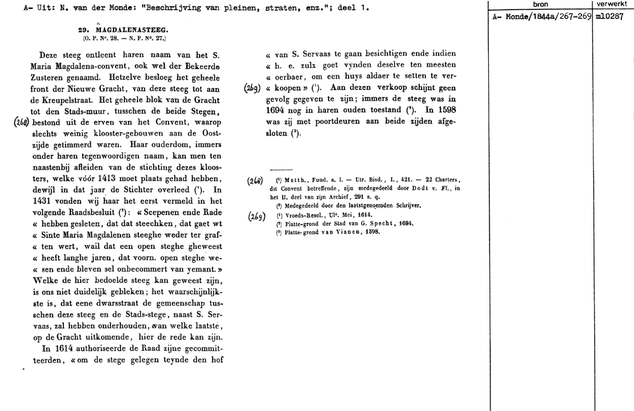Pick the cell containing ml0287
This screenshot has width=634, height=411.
tap(610, 17)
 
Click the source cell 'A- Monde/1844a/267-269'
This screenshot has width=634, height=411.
tap(540, 17)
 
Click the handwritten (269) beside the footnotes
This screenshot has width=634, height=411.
tap(257, 216)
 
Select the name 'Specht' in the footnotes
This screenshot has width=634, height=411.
tap(385, 225)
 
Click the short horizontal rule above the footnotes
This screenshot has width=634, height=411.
tap(281, 170)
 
